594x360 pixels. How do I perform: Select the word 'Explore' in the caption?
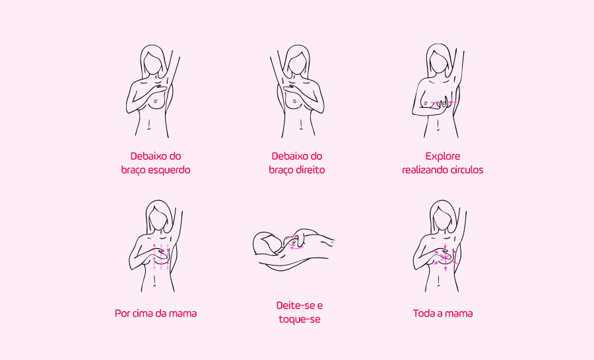click(443, 157)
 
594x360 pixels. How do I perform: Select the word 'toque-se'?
click(300, 320)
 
